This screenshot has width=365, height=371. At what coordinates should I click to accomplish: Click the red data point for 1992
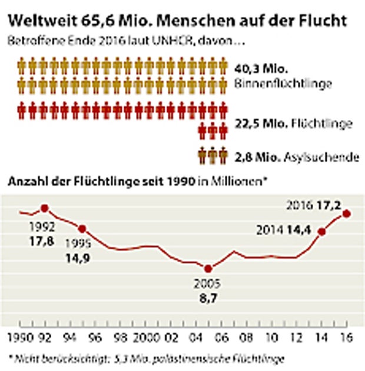point(44,208)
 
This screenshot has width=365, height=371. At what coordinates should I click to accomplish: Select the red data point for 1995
point(82,229)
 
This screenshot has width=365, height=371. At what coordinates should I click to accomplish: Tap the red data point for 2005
point(207,269)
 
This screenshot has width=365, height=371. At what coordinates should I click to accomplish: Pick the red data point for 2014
point(321,231)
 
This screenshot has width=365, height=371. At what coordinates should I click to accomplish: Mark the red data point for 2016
point(347,213)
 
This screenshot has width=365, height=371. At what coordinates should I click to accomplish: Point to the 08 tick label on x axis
point(246,339)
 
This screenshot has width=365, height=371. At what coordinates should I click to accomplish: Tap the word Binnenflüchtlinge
point(283,83)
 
